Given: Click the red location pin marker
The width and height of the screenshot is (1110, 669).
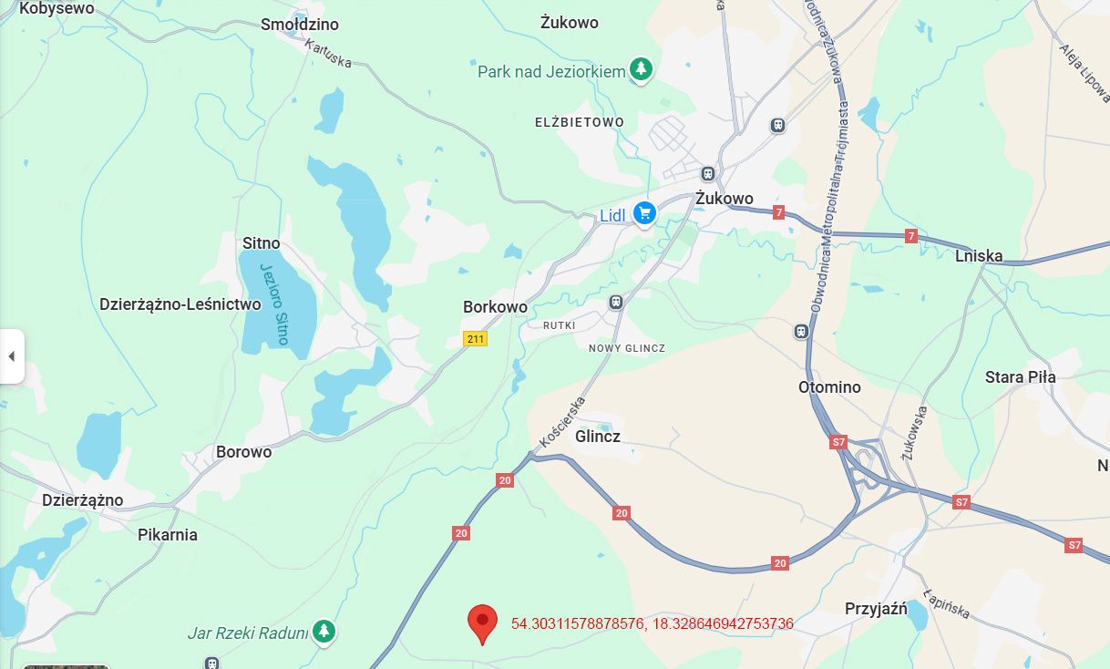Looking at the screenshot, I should pyautogui.click(x=482, y=623).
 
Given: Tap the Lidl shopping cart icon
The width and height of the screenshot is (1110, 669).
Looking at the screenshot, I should pyautogui.click(x=645, y=213).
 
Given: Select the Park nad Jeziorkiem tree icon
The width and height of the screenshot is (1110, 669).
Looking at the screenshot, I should pyautogui.click(x=642, y=69).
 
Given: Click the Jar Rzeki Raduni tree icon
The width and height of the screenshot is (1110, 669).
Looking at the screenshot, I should pyautogui.click(x=323, y=631).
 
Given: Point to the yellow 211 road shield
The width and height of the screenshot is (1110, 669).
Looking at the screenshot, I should pyautogui.click(x=475, y=339).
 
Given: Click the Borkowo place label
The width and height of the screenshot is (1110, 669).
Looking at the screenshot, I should pyautogui.click(x=495, y=307).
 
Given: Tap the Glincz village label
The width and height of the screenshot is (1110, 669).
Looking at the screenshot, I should pyautogui.click(x=598, y=437).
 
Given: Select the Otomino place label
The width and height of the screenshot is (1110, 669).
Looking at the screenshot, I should pyautogui.click(x=829, y=387).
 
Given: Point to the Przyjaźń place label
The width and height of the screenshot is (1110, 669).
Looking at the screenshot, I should pyautogui.click(x=875, y=609).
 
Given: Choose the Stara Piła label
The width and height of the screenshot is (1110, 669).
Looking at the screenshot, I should pyautogui.click(x=1020, y=377).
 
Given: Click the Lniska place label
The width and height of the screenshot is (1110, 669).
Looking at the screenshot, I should pyautogui.click(x=979, y=256).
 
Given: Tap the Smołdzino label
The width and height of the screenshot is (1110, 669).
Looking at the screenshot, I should pyautogui.click(x=300, y=24).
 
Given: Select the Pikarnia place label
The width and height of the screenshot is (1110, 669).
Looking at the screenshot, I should pyautogui.click(x=168, y=535).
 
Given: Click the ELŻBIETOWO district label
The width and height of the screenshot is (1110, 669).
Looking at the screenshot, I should pyautogui.click(x=580, y=122).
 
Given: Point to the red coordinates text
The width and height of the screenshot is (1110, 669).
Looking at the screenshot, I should pyautogui.click(x=653, y=624).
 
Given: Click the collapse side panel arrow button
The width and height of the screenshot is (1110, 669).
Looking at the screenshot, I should pyautogui.click(x=11, y=356).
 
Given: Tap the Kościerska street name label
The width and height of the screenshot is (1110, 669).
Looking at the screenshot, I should pyautogui.click(x=561, y=421).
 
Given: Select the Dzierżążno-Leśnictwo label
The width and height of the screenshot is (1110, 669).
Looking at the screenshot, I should pyautogui.click(x=180, y=304).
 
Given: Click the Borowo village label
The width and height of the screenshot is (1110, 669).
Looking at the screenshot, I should pyautogui.click(x=243, y=452).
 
